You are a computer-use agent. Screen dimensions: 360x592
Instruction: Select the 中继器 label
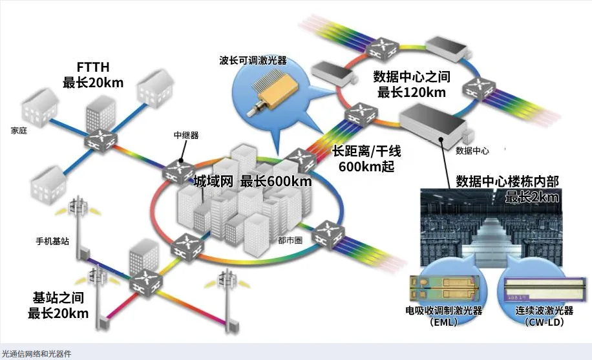point(186,136)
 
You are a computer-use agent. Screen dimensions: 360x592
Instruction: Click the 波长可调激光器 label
point(253,61)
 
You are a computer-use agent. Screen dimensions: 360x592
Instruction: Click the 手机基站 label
point(53,242)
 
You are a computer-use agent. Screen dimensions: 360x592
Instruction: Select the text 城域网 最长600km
point(253,182)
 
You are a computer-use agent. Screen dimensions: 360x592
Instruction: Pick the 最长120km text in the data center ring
point(411,92)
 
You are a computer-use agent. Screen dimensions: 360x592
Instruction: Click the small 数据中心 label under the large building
point(472,151)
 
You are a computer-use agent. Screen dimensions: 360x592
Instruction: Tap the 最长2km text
point(531,197)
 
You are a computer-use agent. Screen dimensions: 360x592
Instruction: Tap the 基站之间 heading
point(58,299)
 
